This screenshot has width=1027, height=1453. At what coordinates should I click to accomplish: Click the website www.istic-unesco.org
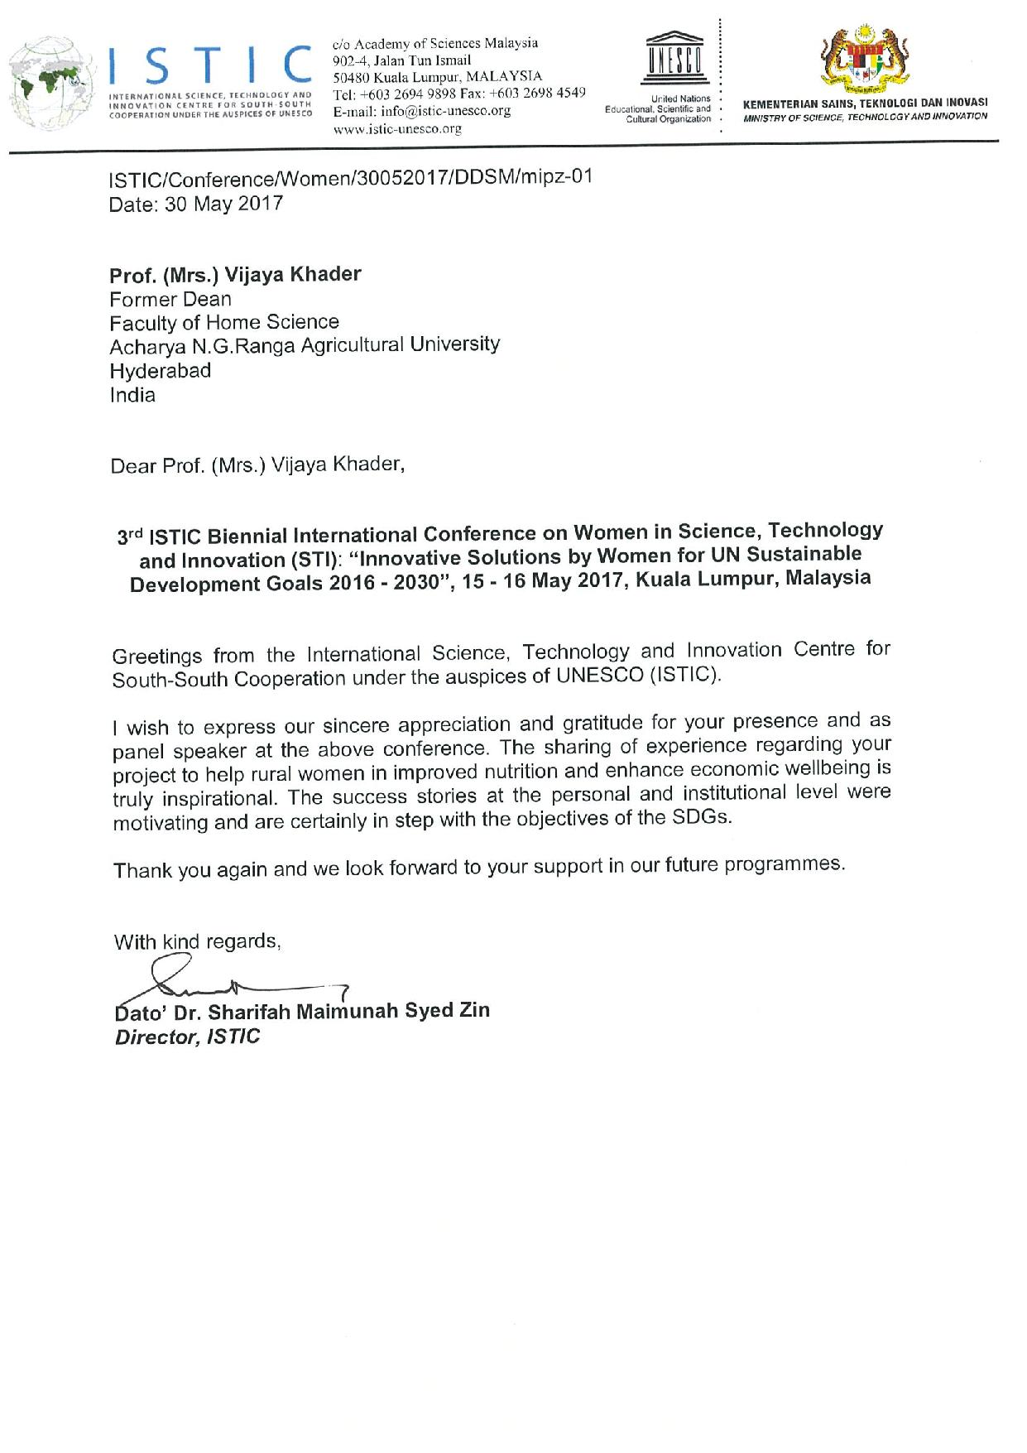click(396, 129)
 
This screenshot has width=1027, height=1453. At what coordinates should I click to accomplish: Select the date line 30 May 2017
click(197, 204)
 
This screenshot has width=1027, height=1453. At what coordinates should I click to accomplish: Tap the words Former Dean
click(171, 299)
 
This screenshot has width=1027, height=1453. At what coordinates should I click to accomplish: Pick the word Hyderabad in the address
click(161, 370)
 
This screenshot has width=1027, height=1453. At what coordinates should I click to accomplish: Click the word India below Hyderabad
click(132, 395)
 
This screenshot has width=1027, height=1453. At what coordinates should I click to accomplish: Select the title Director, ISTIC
click(187, 1037)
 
